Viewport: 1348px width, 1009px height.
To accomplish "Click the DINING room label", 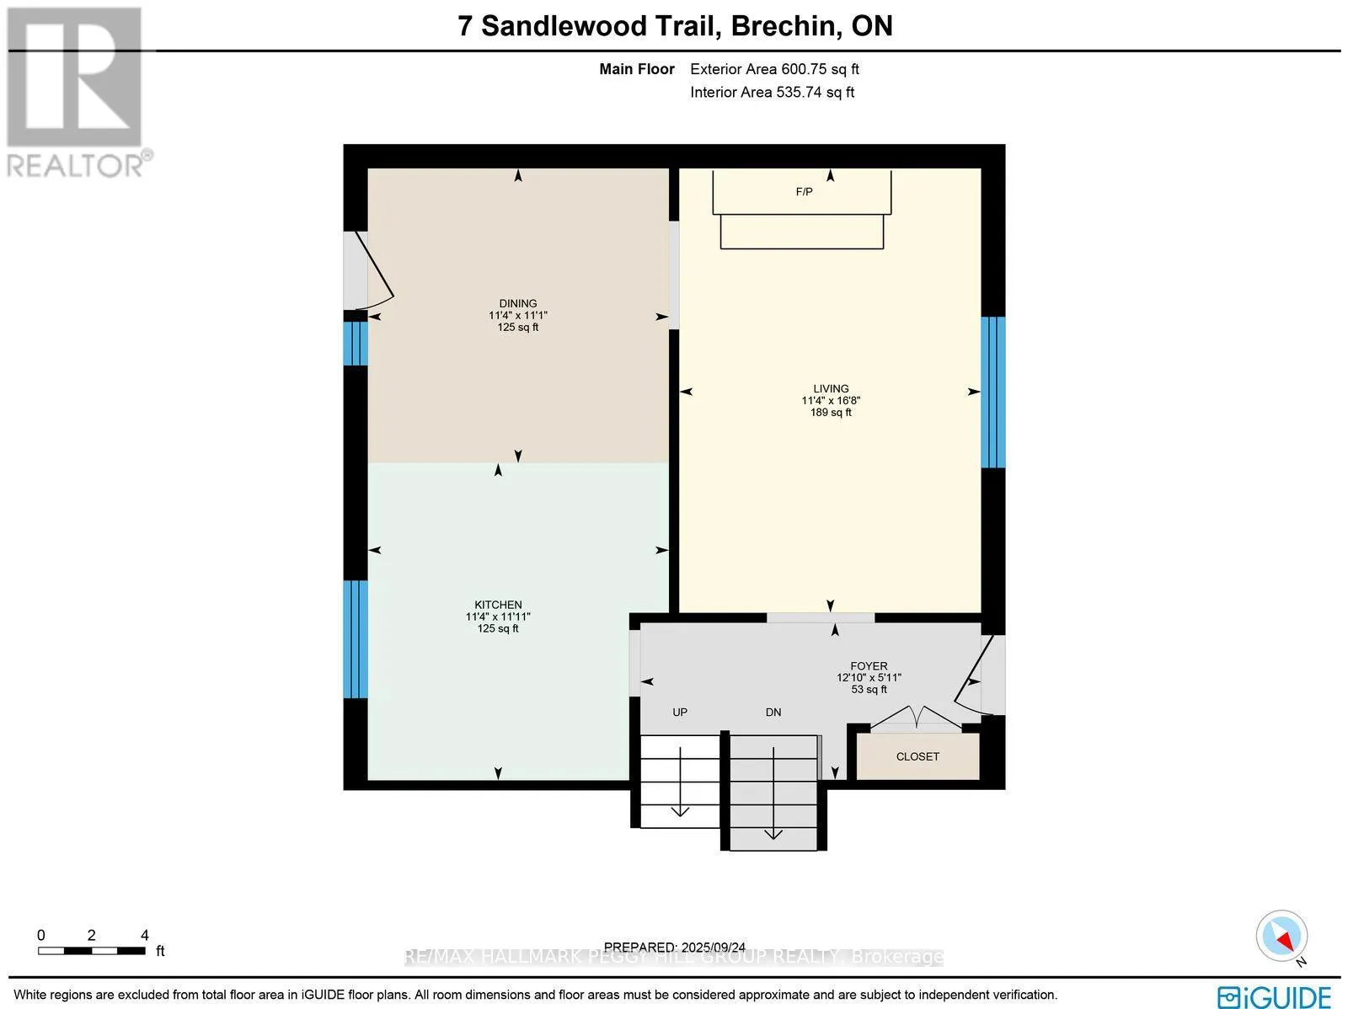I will (517, 304).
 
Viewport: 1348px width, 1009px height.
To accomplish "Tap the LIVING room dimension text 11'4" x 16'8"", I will (831, 401).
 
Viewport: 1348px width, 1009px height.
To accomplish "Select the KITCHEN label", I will (498, 605).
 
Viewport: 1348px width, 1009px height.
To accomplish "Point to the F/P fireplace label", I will (804, 192).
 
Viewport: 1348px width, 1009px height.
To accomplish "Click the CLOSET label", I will (917, 756).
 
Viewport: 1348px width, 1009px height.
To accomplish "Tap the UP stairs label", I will (680, 712).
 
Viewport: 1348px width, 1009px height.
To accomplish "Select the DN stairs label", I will (773, 712).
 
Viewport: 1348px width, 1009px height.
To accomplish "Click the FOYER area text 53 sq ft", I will (869, 689).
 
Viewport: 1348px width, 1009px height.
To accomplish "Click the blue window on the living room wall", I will (993, 392).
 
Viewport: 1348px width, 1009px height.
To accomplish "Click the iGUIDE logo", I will (1275, 995).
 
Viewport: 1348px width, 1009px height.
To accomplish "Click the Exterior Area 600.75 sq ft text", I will (774, 70).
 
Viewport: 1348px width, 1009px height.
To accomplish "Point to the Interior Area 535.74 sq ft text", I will (772, 93).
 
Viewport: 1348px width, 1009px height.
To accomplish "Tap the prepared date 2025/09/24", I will (713, 947).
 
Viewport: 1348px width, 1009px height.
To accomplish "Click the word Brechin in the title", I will (784, 26).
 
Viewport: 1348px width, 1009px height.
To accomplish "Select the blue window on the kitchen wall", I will (356, 639).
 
